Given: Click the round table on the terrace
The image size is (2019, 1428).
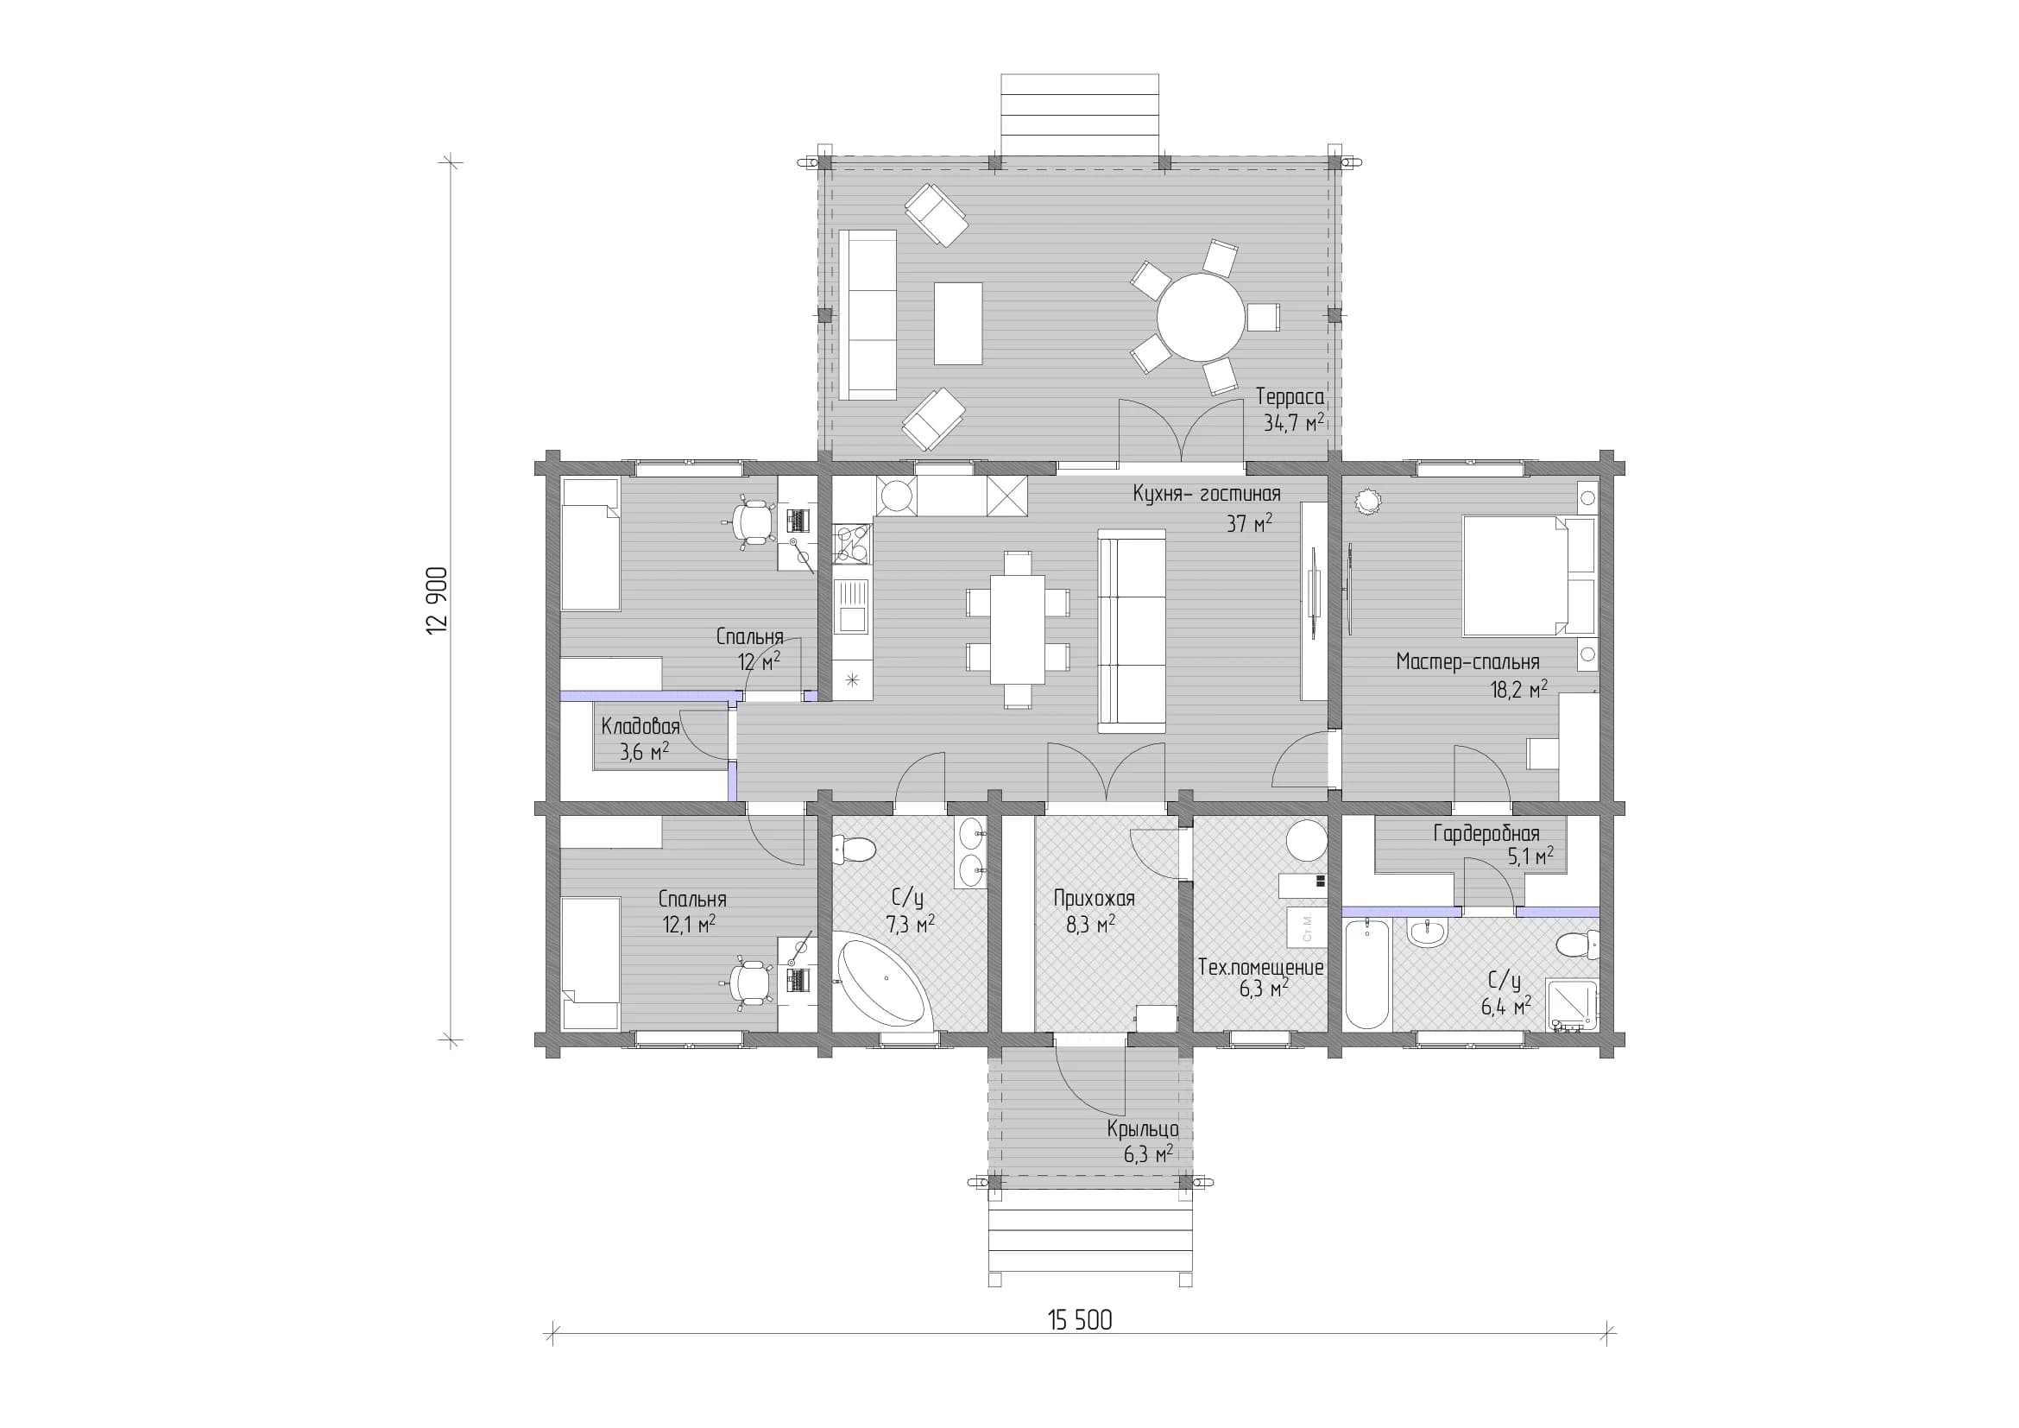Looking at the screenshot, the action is coord(1201,317).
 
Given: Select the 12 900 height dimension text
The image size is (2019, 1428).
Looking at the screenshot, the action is coord(438,601).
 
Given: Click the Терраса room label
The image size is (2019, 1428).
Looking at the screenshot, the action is coord(1290,396).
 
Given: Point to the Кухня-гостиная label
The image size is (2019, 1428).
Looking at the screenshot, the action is coord(1207,493).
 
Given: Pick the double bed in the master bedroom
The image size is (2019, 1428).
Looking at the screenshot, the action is coord(1530,575).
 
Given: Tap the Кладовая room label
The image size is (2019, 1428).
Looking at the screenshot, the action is coord(640,726).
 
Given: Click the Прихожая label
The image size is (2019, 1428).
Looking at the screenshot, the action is coord(1094,898).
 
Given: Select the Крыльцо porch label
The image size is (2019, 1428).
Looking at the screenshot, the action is coord(1142,1129).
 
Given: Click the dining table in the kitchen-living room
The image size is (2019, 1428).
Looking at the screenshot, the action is coord(1019,629).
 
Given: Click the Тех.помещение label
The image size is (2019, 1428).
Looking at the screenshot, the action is coord(1260,967).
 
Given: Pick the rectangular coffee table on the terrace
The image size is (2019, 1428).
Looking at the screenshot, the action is coord(957,323).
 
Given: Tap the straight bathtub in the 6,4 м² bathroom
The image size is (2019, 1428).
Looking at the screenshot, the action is coord(1366,973).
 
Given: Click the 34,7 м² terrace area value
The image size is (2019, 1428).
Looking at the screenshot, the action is coord(1294,423).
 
